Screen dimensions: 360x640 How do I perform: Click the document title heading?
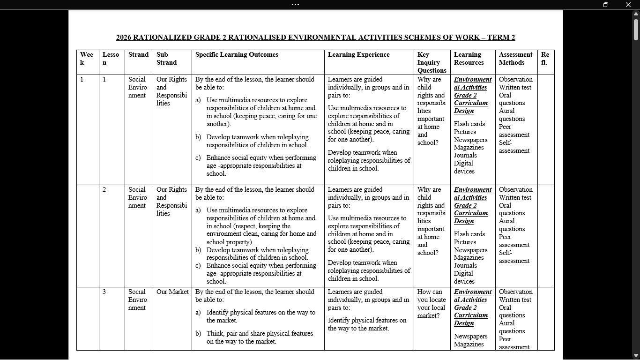click(x=315, y=37)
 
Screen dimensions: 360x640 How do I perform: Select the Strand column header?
click(x=138, y=55)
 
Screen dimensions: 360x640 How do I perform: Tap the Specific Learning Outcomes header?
click(x=237, y=55)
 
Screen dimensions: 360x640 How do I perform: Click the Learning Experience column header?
click(x=358, y=55)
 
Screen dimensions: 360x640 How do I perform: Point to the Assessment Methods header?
click(x=515, y=59)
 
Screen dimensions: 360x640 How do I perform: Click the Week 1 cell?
click(x=82, y=80)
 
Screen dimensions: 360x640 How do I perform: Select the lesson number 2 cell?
click(x=104, y=190)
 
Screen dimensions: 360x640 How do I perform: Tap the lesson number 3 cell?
click(x=104, y=292)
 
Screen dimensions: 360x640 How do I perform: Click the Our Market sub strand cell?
click(x=172, y=292)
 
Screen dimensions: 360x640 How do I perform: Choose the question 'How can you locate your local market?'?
click(x=431, y=304)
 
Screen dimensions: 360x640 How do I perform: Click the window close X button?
click(x=628, y=5)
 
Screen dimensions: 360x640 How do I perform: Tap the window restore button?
click(x=606, y=5)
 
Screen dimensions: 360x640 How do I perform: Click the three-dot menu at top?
click(x=295, y=5)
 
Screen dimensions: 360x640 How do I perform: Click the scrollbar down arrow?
click(x=636, y=356)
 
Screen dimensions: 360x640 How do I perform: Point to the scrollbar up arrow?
click(x=636, y=14)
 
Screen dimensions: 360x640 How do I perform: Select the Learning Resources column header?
click(x=469, y=59)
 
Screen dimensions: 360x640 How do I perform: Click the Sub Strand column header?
click(x=166, y=59)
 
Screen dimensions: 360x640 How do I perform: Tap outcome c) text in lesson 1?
click(x=261, y=165)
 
